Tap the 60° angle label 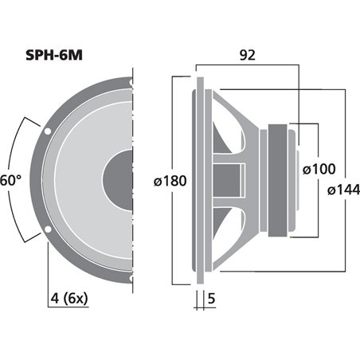tap(9, 180)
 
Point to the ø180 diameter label tap(169, 181)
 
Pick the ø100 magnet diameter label tap(319, 169)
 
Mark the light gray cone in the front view tap(80, 180)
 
